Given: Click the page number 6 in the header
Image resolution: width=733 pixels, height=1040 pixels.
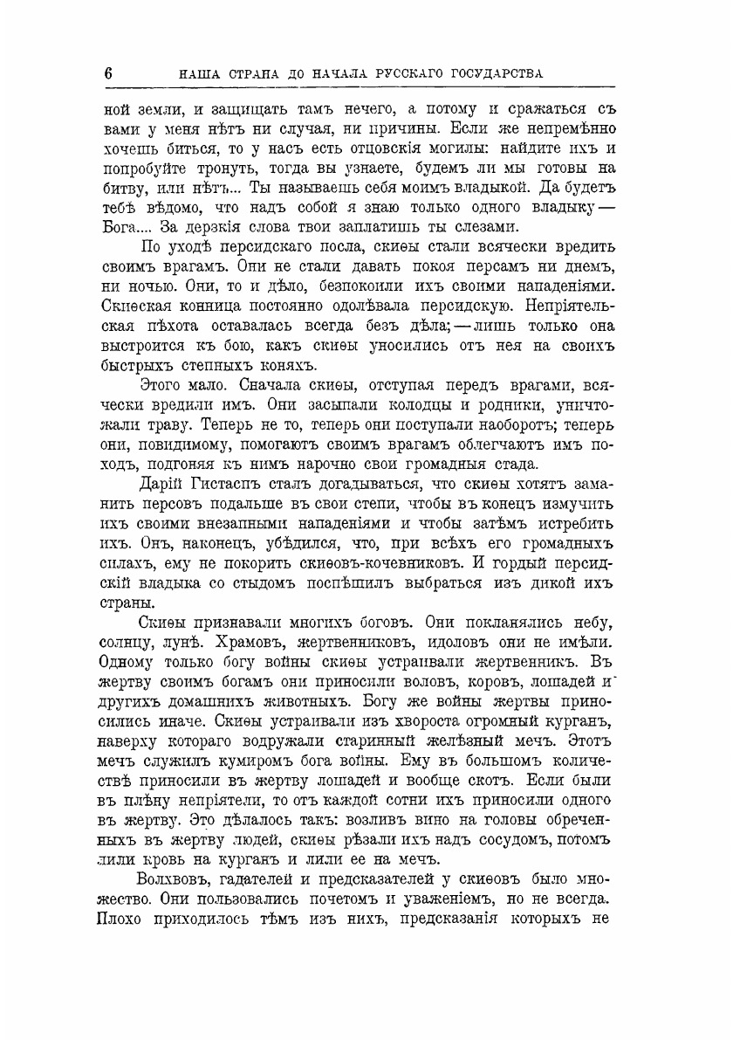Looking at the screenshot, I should (x=108, y=73).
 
